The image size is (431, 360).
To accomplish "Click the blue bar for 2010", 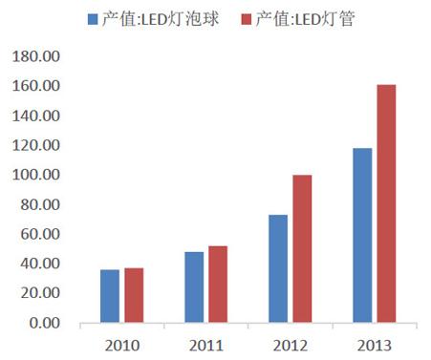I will click(111, 296).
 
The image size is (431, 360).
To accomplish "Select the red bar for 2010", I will click(134, 295).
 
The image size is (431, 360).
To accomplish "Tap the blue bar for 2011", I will click(194, 287).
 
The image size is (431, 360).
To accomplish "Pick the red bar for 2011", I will click(217, 285).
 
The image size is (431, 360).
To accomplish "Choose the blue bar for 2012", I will click(277, 268).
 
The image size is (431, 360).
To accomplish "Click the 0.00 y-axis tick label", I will click(44, 323).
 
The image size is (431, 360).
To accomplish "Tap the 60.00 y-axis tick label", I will click(41, 234).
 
